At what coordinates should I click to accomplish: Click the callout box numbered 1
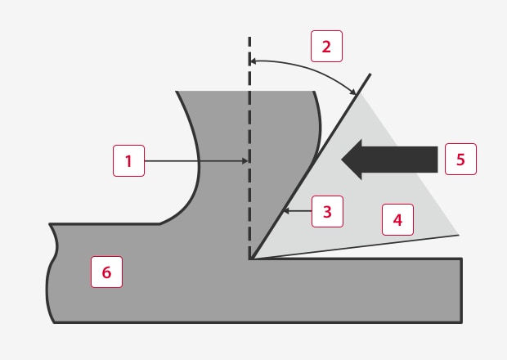(128, 160)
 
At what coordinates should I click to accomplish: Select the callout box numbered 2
(326, 47)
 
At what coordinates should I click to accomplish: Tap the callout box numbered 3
(328, 212)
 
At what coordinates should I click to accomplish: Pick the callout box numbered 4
(397, 219)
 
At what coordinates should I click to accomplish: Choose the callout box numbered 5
(460, 160)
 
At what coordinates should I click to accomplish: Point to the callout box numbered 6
(106, 272)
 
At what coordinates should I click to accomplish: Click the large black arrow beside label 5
(389, 160)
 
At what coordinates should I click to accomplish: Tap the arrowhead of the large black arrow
(352, 160)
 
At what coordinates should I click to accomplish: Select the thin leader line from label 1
(196, 160)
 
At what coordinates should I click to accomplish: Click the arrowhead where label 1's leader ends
(245, 160)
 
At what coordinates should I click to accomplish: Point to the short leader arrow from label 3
(298, 211)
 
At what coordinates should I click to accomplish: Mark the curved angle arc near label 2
(307, 67)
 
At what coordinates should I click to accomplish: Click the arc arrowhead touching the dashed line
(253, 61)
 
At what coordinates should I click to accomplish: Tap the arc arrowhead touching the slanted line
(354, 92)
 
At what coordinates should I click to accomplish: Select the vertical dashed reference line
(249, 147)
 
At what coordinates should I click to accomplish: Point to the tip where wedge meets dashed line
(250, 259)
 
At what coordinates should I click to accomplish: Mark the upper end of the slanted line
(370, 74)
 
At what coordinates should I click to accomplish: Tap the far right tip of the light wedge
(459, 235)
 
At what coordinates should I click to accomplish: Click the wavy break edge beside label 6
(52, 273)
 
